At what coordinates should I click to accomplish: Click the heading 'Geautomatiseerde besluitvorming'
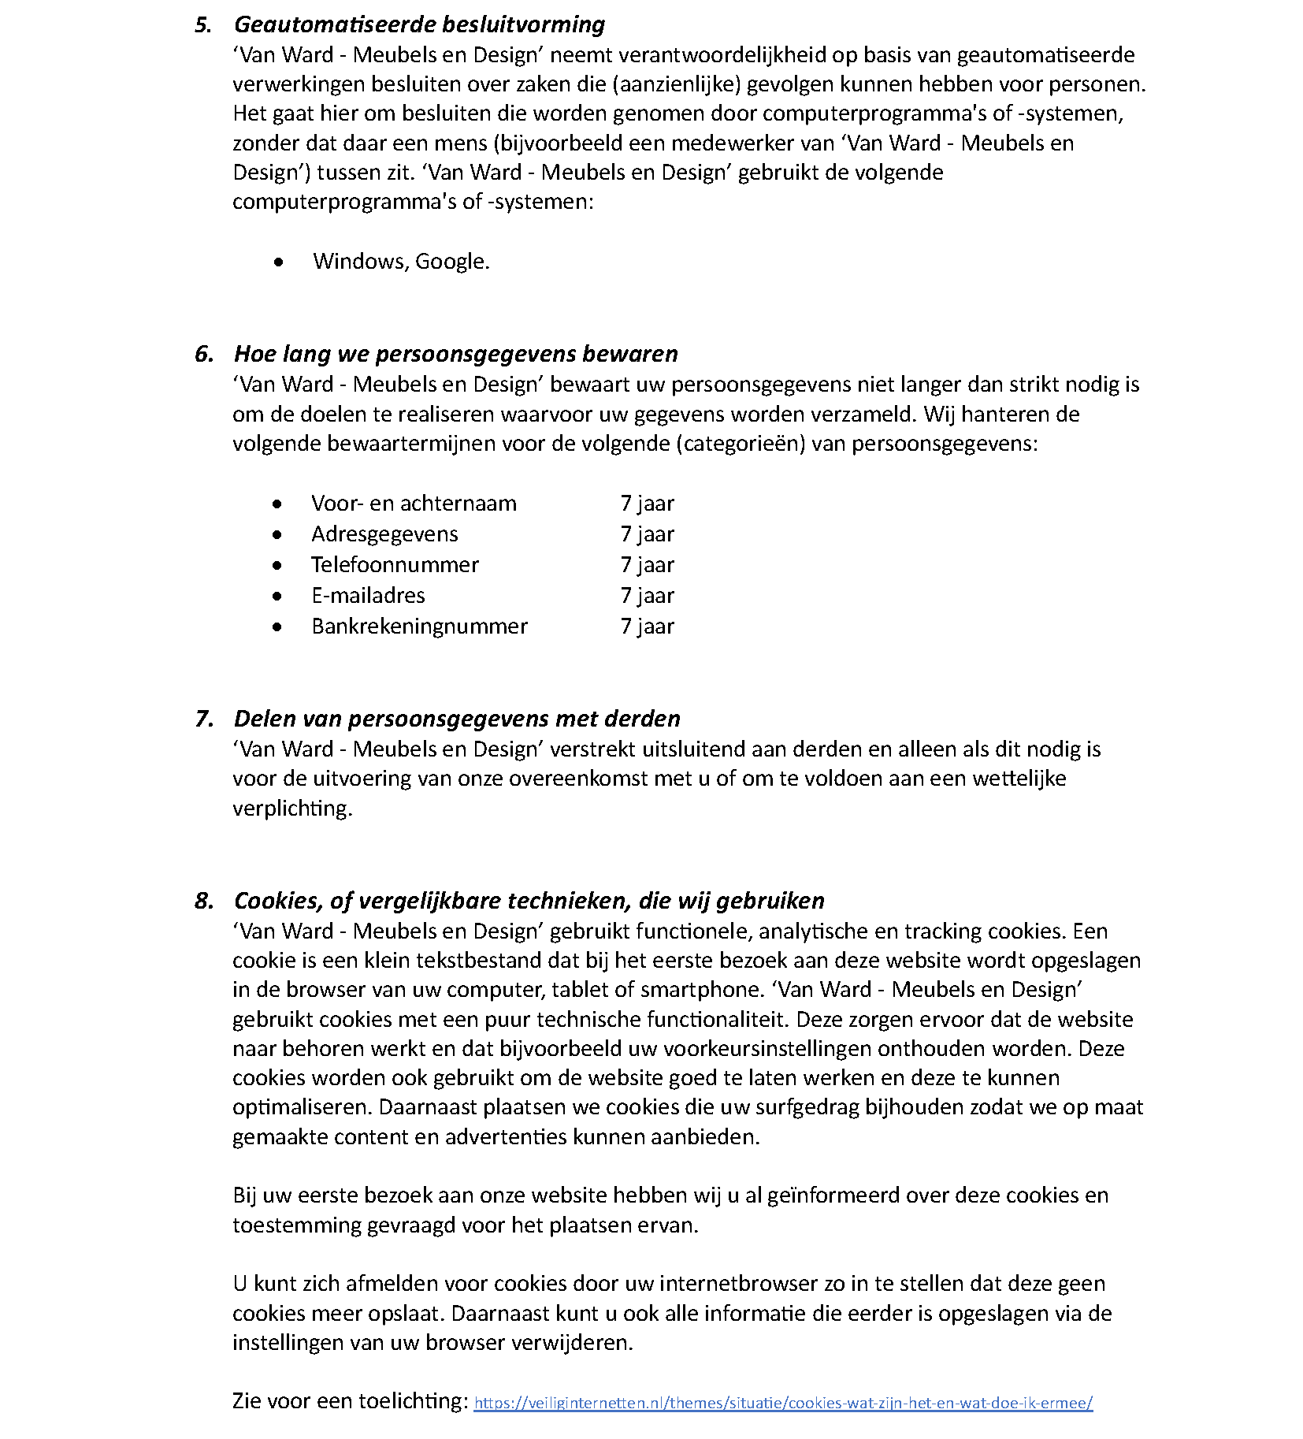(419, 24)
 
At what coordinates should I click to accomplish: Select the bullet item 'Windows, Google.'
(401, 261)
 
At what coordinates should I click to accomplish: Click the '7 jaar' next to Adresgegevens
(647, 534)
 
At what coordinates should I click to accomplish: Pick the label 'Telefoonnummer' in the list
(395, 565)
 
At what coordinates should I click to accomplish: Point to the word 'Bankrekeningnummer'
(419, 627)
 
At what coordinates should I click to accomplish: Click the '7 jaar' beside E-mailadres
(647, 596)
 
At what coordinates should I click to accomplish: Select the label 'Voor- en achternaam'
(414, 504)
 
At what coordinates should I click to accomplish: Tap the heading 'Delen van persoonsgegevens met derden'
(457, 719)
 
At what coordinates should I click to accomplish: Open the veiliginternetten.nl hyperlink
(783, 1404)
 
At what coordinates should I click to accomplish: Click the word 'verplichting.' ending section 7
(292, 809)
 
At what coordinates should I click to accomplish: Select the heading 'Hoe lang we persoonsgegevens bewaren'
(455, 354)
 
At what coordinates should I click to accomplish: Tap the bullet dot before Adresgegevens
(277, 535)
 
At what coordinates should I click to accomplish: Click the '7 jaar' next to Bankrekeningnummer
(647, 627)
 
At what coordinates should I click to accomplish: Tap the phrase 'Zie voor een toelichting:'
(351, 1401)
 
